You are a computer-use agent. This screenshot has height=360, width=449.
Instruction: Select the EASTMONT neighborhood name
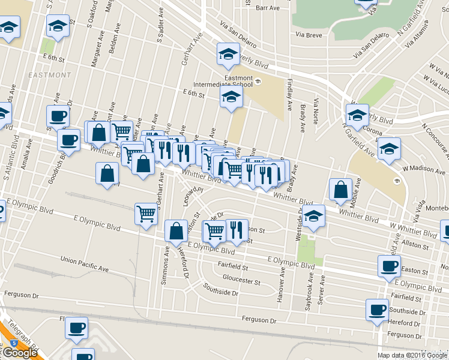(x=49, y=75)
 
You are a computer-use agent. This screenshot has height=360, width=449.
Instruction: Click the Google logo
(x=20, y=353)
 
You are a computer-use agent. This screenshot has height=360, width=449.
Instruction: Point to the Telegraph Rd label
(x=24, y=340)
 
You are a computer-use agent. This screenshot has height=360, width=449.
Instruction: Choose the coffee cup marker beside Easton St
(x=389, y=266)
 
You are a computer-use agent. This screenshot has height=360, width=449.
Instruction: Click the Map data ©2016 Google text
(x=412, y=355)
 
